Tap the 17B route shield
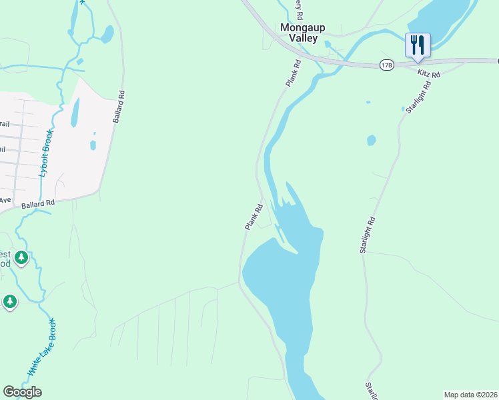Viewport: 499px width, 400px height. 386,65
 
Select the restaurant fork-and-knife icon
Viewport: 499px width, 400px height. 418,45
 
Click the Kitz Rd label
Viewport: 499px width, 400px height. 429,73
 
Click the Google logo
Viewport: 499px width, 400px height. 22,392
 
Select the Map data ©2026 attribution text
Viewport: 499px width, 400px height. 471,395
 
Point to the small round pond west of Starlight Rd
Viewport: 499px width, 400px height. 371,141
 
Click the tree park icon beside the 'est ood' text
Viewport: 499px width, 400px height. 21,257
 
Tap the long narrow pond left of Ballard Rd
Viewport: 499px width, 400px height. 75,113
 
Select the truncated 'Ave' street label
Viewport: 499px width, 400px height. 5,199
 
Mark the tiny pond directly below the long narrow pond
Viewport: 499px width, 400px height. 93,145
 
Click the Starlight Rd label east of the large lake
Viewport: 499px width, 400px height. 368,235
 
